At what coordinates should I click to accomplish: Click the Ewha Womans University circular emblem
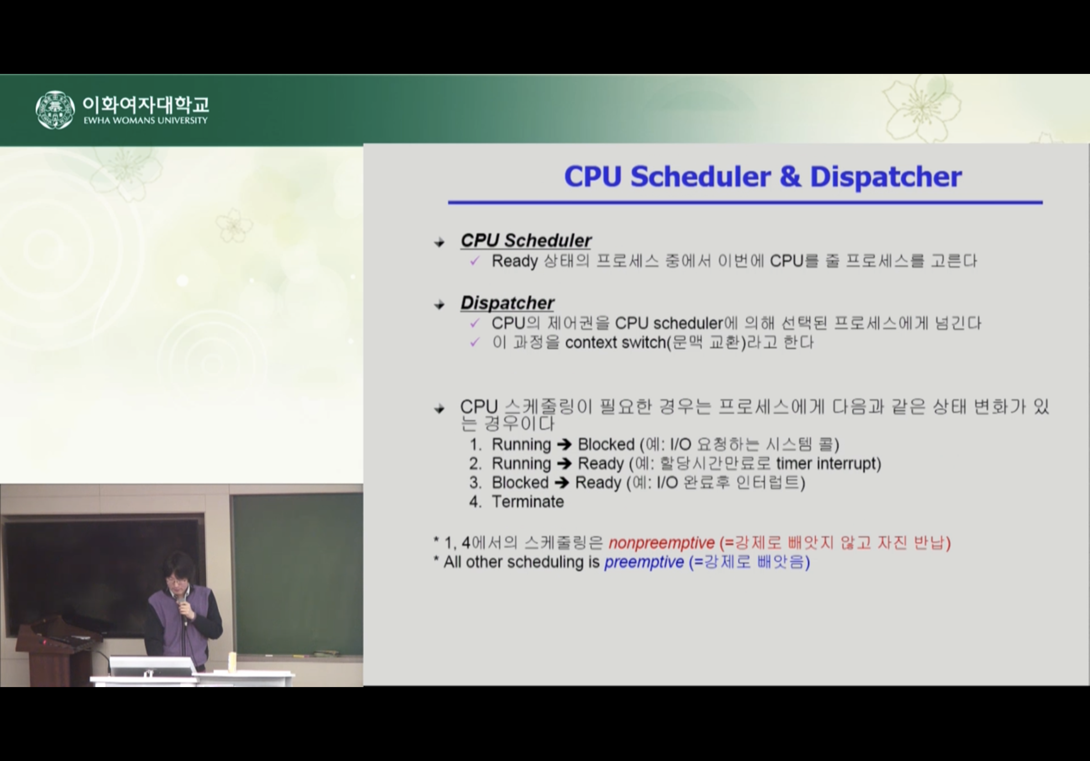(x=55, y=109)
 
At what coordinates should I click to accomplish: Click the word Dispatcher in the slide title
(x=886, y=177)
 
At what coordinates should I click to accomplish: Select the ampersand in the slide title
(x=790, y=177)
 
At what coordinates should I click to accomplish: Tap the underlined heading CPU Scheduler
(x=526, y=240)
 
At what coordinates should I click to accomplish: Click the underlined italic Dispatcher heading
(x=507, y=302)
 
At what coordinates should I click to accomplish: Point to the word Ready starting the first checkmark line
(x=514, y=261)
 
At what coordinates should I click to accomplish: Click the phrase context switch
(x=616, y=342)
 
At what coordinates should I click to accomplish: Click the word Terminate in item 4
(x=528, y=501)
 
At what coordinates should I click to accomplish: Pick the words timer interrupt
(x=828, y=464)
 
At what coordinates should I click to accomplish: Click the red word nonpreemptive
(x=661, y=543)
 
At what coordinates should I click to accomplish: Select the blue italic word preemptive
(x=644, y=562)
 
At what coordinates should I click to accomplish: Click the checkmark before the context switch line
(x=475, y=342)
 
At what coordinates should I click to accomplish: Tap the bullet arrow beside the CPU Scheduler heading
(x=439, y=242)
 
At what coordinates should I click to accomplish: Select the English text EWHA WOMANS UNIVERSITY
(x=145, y=120)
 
